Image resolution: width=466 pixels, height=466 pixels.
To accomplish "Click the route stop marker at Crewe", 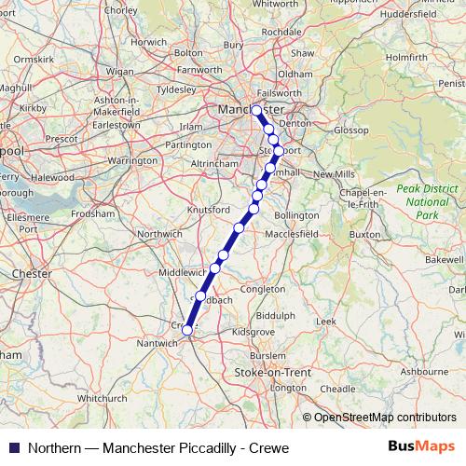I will pos(187,329).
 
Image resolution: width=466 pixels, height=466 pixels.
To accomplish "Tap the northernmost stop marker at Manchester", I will pos(257,109).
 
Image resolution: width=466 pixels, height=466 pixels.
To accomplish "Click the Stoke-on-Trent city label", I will pos(259,372).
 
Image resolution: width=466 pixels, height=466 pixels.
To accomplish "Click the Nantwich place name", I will pos(157,343).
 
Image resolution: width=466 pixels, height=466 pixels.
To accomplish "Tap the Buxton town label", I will pos(365,234).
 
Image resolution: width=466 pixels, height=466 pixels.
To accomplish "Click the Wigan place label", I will pos(120,71).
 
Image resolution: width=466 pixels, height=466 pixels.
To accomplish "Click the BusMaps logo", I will pos(420,447).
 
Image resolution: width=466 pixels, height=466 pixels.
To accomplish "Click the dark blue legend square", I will pos(15,447).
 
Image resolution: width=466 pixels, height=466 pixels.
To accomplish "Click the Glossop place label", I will pos(350,130).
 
